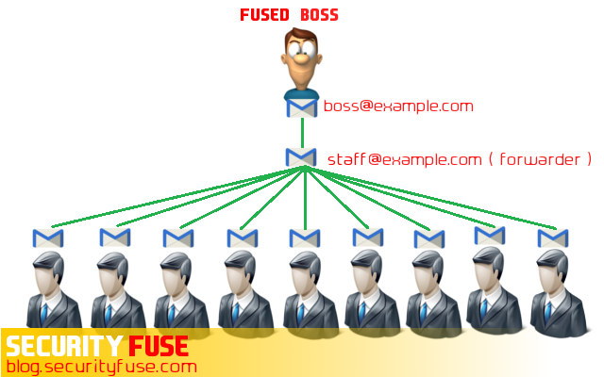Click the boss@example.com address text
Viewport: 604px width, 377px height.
(398, 106)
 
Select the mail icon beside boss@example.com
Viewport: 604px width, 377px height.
(302, 107)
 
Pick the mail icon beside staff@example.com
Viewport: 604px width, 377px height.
(301, 156)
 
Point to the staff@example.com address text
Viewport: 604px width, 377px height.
(405, 159)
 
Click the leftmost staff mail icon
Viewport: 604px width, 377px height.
(47, 238)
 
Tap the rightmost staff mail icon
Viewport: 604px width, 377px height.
(554, 238)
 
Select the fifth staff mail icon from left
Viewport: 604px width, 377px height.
(301, 238)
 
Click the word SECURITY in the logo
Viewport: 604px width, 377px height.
(62, 345)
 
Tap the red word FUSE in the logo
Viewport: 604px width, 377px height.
(155, 345)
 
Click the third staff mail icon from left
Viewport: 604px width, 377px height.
(176, 238)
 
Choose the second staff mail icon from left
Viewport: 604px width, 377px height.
(114, 236)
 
